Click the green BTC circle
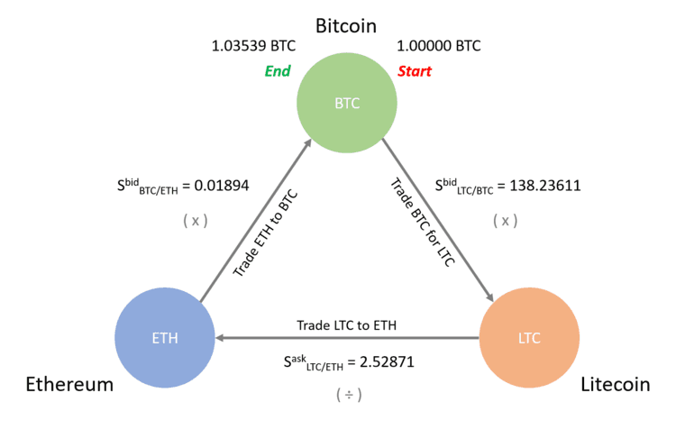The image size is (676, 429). [347, 103]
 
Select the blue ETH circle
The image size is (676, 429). [165, 338]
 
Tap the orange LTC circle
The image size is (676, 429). [529, 338]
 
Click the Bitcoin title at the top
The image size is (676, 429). [346, 26]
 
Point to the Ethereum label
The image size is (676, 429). [69, 384]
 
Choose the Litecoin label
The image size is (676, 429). [616, 384]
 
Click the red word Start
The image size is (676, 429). [415, 71]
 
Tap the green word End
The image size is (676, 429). [278, 71]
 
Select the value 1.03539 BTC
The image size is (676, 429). [253, 46]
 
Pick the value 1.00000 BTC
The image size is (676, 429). [438, 46]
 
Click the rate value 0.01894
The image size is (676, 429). [222, 186]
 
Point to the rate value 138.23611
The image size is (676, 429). [545, 186]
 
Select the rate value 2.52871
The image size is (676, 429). [387, 361]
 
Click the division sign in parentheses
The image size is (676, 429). [349, 395]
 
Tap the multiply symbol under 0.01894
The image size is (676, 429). [196, 221]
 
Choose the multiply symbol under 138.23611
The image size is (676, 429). [506, 221]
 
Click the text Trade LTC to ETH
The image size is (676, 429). [347, 325]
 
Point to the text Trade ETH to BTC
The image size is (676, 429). [265, 233]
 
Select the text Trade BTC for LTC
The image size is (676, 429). [423, 223]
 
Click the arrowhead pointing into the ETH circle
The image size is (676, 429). [219, 338]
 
